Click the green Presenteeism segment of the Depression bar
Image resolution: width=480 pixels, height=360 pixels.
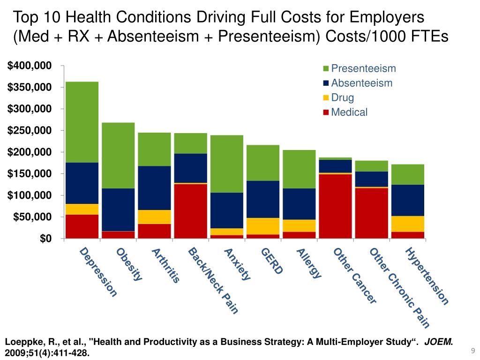coord(82,122)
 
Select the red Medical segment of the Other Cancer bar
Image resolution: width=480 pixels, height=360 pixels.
coord(336,206)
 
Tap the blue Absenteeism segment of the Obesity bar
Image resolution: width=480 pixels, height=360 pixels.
coord(118,210)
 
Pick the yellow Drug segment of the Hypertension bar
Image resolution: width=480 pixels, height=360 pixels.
coord(408,224)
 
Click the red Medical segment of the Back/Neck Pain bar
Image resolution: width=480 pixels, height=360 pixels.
coord(191,211)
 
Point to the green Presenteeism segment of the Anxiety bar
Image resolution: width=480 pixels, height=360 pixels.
coord(227,164)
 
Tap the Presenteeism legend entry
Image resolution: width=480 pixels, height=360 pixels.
coord(363,69)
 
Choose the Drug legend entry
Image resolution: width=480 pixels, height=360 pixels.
coord(342,98)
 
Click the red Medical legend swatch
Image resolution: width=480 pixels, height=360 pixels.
coord(326,112)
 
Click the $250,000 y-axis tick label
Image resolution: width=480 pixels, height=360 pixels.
coord(29,130)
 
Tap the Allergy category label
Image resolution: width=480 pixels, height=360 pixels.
coord(309,263)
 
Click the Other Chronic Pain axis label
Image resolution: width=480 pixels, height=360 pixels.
coord(399,287)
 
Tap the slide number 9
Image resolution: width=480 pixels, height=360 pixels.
coord(472,351)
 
